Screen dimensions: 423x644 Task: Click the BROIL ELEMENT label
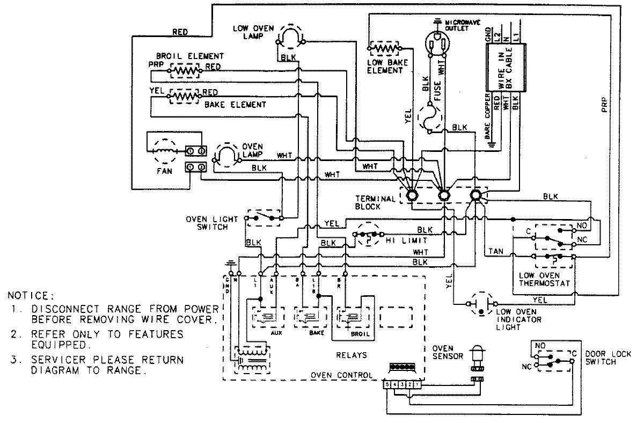pyautogui.click(x=190, y=56)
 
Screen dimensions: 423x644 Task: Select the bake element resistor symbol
pyautogui.click(x=184, y=96)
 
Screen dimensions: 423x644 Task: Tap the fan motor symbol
pyautogui.click(x=162, y=151)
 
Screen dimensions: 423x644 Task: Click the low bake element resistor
pyautogui.click(x=384, y=48)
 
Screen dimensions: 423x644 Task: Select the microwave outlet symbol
pyautogui.click(x=438, y=42)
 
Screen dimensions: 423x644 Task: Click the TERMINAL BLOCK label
pyautogui.click(x=375, y=202)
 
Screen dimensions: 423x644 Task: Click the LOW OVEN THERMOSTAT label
pyautogui.click(x=544, y=279)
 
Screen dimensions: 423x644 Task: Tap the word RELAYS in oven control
pyautogui.click(x=352, y=355)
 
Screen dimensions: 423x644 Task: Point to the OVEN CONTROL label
pyautogui.click(x=341, y=375)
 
